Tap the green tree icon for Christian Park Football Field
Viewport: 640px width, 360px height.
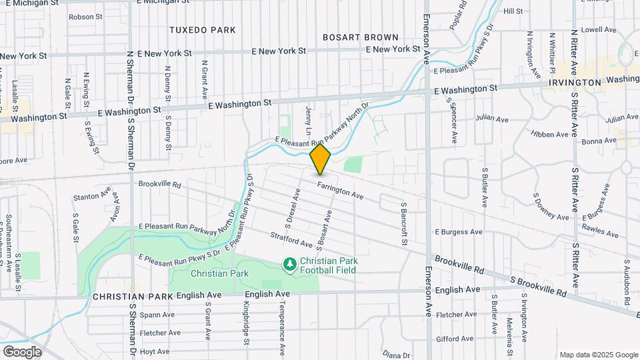pyautogui.click(x=289, y=265)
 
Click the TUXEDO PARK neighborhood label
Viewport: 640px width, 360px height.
pyautogui.click(x=203, y=30)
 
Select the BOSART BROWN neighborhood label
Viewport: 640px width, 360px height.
pyautogui.click(x=360, y=37)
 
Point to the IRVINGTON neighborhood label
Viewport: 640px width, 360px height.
pyautogui.click(x=576, y=82)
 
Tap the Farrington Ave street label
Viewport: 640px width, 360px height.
pyautogui.click(x=340, y=191)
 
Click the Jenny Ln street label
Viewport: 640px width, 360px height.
pyautogui.click(x=309, y=117)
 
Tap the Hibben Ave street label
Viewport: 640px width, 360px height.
pyautogui.click(x=550, y=134)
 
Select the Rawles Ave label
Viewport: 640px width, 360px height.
pyautogui.click(x=601, y=231)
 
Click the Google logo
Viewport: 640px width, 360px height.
pyautogui.click(x=22, y=352)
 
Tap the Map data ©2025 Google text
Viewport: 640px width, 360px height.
pyautogui.click(x=599, y=355)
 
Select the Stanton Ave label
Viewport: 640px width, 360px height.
pyautogui.click(x=91, y=197)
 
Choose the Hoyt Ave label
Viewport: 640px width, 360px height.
pyautogui.click(x=154, y=351)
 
